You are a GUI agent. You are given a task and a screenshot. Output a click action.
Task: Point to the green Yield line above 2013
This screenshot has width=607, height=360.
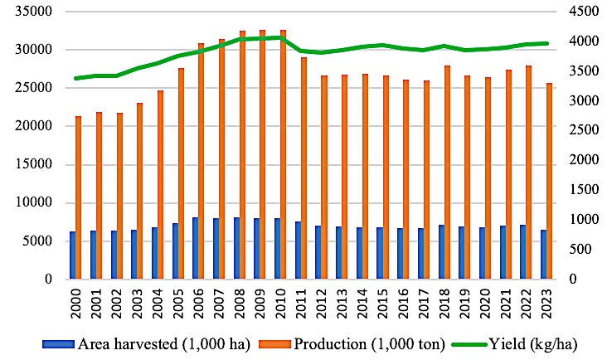coord(340,50)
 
